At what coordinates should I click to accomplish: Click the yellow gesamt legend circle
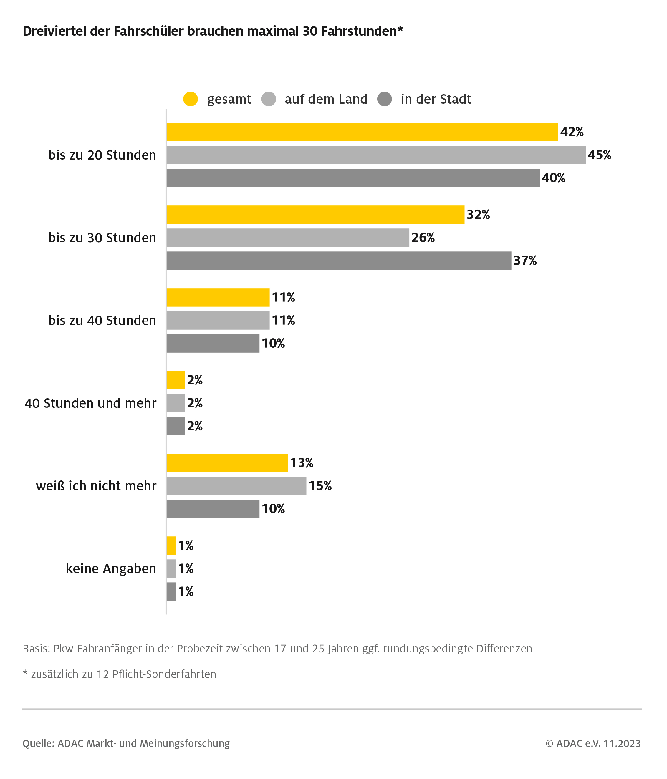click(190, 99)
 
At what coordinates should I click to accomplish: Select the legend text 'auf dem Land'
click(326, 99)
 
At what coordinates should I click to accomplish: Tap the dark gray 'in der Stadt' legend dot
click(384, 99)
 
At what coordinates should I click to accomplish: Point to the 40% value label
click(553, 178)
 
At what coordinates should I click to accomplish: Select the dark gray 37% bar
click(338, 261)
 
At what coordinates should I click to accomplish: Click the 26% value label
click(423, 238)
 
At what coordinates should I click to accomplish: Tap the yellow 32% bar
click(315, 215)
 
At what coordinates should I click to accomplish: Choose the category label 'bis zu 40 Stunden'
click(102, 320)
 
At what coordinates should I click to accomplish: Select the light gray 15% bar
click(236, 486)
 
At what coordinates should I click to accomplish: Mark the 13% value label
click(302, 463)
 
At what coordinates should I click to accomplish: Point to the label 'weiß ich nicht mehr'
click(96, 486)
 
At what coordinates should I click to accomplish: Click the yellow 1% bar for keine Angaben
click(171, 546)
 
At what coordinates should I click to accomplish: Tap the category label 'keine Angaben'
click(111, 568)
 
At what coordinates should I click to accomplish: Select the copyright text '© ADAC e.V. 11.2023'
click(593, 744)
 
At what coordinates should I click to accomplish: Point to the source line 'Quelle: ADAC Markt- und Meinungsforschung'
click(126, 744)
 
